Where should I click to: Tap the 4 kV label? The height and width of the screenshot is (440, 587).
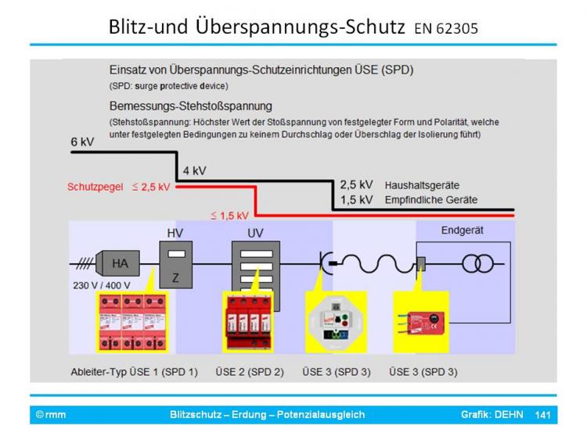194,170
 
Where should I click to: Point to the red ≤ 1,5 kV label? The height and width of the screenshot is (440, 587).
229,215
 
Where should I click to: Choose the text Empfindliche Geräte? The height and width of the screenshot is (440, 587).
430,200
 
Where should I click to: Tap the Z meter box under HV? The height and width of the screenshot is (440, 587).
175,266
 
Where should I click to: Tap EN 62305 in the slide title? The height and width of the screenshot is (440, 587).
446,30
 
